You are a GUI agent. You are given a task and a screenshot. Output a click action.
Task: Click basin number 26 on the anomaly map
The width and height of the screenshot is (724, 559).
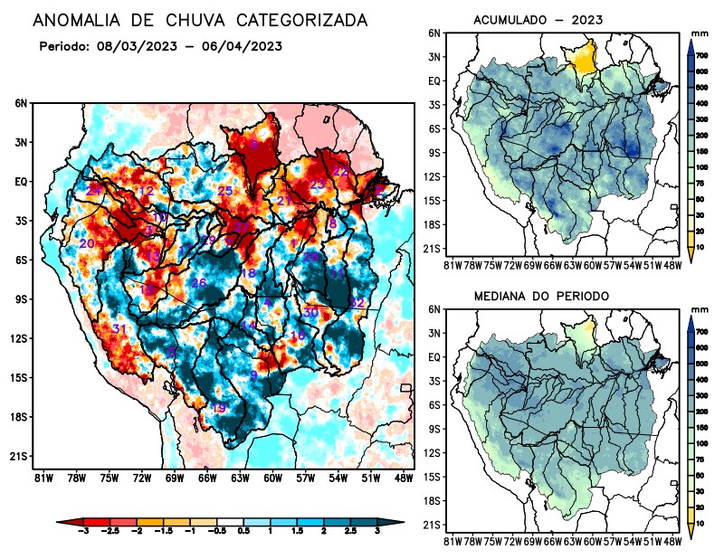tap(199, 283)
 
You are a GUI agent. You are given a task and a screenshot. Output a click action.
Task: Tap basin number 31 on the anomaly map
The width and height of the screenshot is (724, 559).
tap(119, 327)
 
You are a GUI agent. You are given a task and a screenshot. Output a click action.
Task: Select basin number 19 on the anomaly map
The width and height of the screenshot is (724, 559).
tap(218, 408)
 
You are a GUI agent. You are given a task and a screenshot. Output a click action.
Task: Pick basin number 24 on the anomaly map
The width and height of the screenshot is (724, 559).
tap(93, 190)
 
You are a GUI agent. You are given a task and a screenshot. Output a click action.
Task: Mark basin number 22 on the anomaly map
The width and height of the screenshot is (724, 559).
tap(340, 171)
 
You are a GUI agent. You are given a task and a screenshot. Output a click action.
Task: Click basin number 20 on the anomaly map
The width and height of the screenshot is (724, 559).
tap(87, 243)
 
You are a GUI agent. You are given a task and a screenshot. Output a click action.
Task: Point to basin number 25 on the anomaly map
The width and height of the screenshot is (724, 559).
tap(225, 191)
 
